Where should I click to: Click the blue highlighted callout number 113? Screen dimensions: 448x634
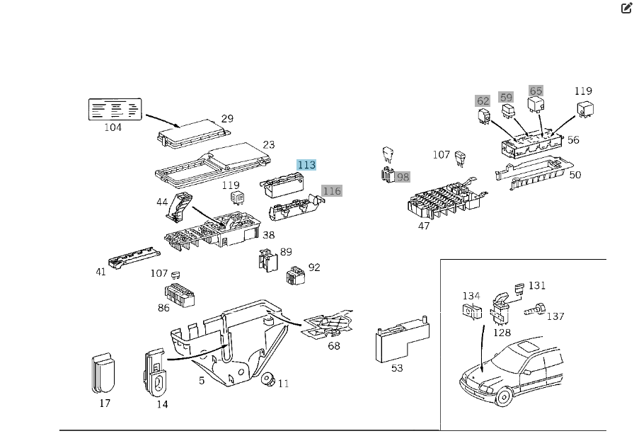coord(306,165)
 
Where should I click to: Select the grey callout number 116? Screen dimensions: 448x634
coord(331,190)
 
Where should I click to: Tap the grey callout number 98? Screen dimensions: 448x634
coord(403,176)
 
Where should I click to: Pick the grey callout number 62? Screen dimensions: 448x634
coord(483,101)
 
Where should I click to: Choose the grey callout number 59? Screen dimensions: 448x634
coord(506,96)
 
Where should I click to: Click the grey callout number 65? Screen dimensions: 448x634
coord(536,91)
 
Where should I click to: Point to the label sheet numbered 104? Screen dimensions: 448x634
coord(113,110)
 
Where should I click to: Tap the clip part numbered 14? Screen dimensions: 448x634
coord(156,370)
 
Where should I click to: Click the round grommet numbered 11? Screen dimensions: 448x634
coord(268,380)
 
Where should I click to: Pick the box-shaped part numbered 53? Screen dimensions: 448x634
coord(398,344)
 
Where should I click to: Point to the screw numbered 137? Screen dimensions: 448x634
coord(535,309)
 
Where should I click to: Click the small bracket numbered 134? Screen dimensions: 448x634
coord(468,310)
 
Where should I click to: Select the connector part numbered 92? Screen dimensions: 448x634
coord(294,277)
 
